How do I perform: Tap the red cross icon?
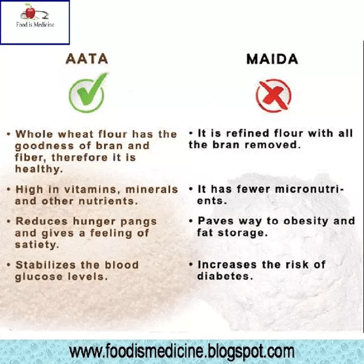pyautogui.click(x=273, y=96)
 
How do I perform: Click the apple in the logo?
pyautogui.click(x=28, y=10)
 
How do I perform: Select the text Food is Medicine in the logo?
pyautogui.click(x=34, y=25)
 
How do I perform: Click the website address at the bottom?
pyautogui.click(x=181, y=351)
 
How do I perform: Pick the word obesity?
pyautogui.click(x=288, y=221)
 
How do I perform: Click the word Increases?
pyautogui.click(x=227, y=265)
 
